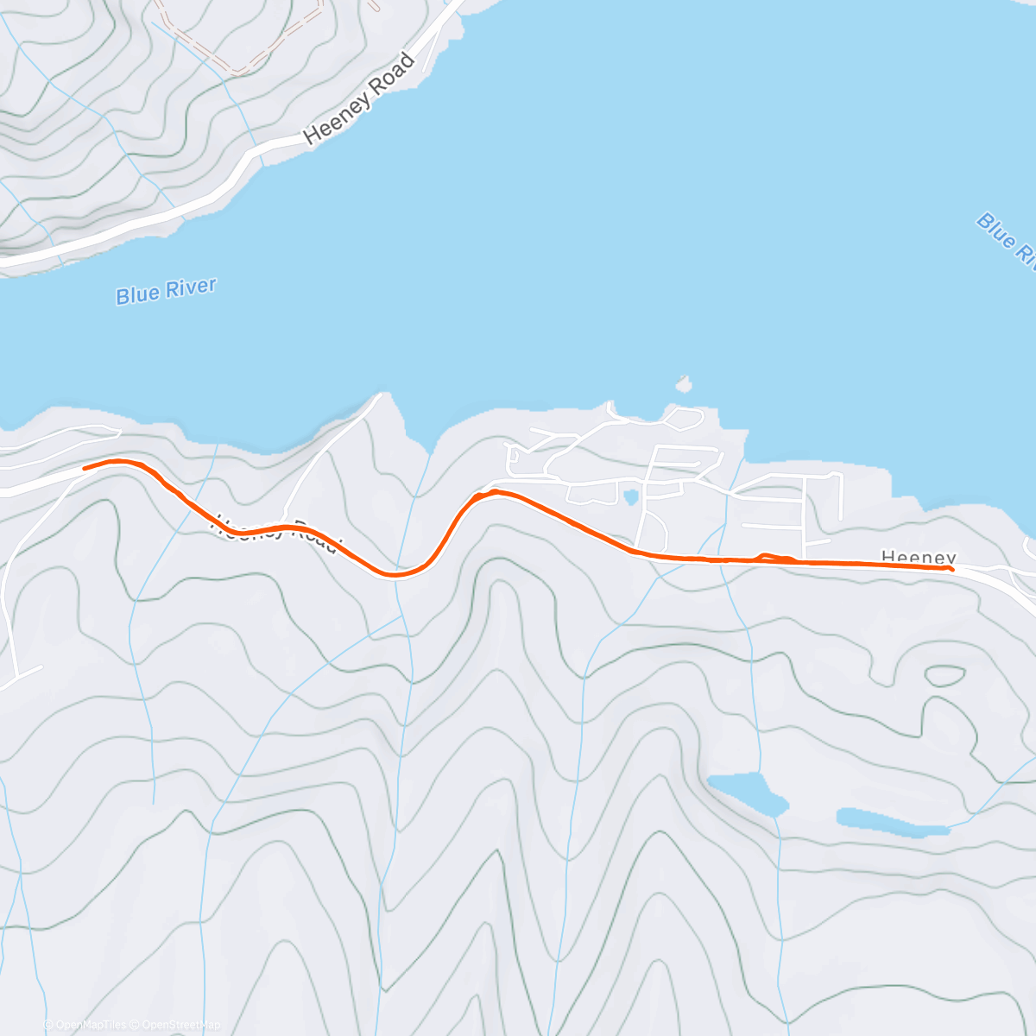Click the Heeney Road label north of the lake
click(359, 100)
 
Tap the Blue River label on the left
click(166, 291)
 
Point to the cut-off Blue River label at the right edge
click(1007, 238)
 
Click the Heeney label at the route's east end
click(919, 558)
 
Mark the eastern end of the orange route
click(951, 568)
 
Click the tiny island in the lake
click(684, 382)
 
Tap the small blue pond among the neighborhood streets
click(631, 496)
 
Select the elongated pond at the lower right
click(893, 823)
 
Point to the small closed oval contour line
click(944, 675)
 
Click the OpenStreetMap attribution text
click(180, 1025)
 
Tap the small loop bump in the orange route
click(774, 558)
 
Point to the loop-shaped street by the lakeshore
click(684, 419)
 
